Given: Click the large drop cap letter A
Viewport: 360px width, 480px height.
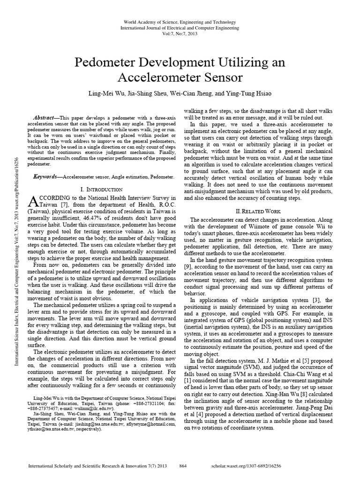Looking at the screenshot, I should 33,201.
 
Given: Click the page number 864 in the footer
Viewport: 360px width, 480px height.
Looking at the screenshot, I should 184,467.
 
